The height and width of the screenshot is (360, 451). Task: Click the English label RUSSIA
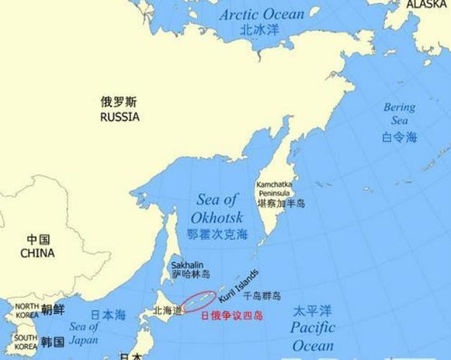coord(119,116)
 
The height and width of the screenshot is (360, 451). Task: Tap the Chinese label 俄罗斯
coord(119,102)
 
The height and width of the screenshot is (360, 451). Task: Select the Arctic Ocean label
coord(261,14)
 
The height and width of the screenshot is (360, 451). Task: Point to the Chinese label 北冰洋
coord(260,31)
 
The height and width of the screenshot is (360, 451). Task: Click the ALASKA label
coord(427,4)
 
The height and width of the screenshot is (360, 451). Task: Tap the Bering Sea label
coord(399,115)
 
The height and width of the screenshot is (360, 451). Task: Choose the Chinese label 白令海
coord(399,137)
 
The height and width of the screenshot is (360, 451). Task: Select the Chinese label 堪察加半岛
coord(281,203)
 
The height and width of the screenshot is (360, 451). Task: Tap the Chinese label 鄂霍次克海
coord(217,234)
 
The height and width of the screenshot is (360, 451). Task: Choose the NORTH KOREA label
coord(26,310)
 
